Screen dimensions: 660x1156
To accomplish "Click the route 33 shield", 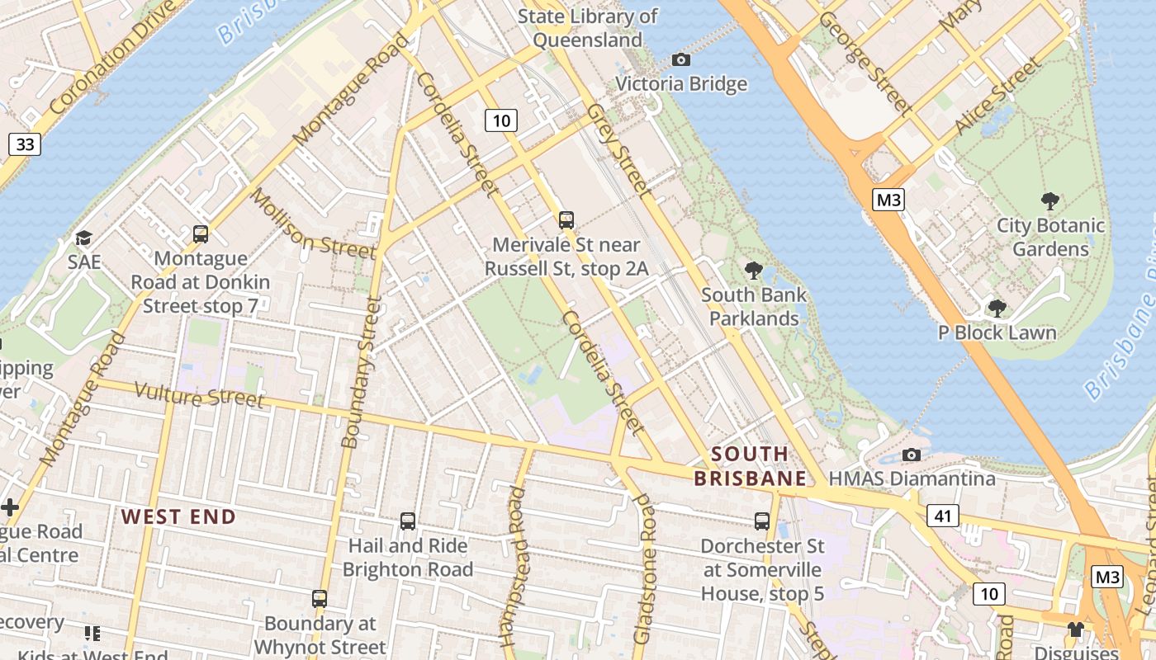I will pyautogui.click(x=26, y=145).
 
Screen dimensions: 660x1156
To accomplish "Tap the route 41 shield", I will pyautogui.click(x=942, y=516).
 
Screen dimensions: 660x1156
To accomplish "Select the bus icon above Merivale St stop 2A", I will pyautogui.click(x=566, y=220).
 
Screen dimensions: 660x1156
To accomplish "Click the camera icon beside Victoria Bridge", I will pyautogui.click(x=681, y=59).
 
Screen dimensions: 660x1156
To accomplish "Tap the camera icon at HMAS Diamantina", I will pyautogui.click(x=912, y=455).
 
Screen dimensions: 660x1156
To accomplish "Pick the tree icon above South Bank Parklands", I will pyautogui.click(x=753, y=270).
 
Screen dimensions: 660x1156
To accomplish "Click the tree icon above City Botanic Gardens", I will pyautogui.click(x=1049, y=200).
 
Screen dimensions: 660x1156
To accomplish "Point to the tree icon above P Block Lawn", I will pyautogui.click(x=997, y=309).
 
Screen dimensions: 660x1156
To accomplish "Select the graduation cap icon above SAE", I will pyautogui.click(x=83, y=238).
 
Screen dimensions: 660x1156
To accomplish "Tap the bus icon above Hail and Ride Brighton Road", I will pyautogui.click(x=407, y=521).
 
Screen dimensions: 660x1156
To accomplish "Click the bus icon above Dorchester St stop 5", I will pyautogui.click(x=761, y=521).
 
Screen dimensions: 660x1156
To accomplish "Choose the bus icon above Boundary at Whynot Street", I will pyautogui.click(x=320, y=599).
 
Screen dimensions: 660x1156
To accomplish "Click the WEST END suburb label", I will pyautogui.click(x=178, y=517).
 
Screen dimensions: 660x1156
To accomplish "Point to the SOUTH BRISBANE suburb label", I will pyautogui.click(x=750, y=466).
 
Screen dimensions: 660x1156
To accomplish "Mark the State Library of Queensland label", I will pyautogui.click(x=587, y=28).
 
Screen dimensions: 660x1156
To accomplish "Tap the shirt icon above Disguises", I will pyautogui.click(x=1074, y=629).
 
